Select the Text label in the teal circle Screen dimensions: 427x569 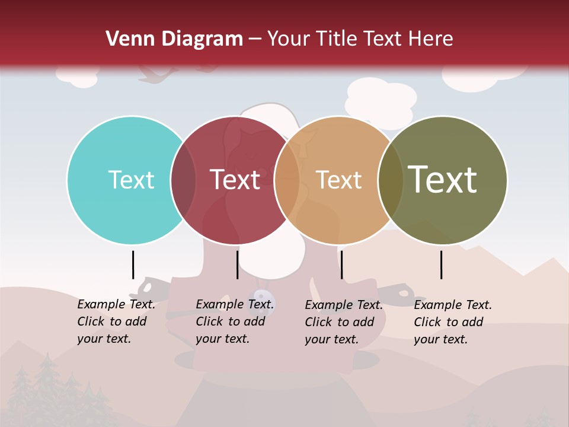click(131, 180)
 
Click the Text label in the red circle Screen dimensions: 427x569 click(235, 180)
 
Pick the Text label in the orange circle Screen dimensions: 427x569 click(338, 180)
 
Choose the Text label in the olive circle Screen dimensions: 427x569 click(442, 180)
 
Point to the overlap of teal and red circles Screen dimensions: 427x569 click(183, 180)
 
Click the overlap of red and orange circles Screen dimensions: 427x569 click(287, 180)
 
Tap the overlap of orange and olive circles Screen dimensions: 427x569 click(391, 180)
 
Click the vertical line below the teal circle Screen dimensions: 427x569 click(133, 265)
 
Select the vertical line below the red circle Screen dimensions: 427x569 click(237, 265)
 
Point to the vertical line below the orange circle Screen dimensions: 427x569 click(341, 265)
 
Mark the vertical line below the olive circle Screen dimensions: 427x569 click(442, 265)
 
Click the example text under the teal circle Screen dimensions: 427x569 click(116, 321)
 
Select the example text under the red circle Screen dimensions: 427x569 click(235, 321)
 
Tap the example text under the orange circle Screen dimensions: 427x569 click(344, 322)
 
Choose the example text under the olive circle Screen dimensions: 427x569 click(453, 322)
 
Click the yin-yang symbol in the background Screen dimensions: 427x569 click(262, 297)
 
